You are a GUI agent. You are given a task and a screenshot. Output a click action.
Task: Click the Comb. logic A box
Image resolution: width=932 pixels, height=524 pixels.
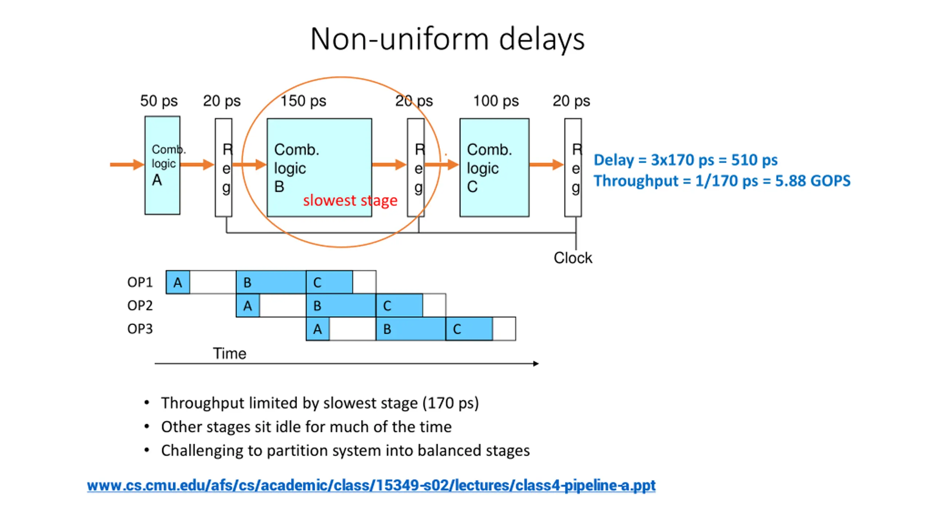pos(162,165)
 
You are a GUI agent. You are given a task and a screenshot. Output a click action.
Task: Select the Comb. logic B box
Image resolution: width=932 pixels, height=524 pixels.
pos(319,167)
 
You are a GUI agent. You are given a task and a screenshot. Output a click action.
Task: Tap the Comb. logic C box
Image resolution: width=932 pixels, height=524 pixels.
pos(494,167)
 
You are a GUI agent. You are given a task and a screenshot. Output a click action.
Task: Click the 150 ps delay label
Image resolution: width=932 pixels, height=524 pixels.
pos(303,101)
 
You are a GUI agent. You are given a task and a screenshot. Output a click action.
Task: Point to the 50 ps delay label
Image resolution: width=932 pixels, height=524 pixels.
pos(159,101)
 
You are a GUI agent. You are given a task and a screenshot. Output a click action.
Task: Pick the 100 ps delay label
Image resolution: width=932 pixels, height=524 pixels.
pos(496,101)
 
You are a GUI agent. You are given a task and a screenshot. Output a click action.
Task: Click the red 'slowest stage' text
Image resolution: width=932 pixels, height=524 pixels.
pos(350,201)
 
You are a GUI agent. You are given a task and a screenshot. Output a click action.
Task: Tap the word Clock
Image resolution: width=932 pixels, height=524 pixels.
pos(573,258)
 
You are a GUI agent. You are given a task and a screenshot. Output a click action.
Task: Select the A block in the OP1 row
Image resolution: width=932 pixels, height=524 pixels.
pos(178,282)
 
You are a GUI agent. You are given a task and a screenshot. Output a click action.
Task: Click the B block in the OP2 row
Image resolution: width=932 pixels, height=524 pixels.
pos(341,305)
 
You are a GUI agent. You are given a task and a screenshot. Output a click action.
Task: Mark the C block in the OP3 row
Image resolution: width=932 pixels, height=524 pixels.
pos(469,329)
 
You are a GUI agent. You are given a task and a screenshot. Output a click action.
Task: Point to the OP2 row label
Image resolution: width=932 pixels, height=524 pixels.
pos(140,305)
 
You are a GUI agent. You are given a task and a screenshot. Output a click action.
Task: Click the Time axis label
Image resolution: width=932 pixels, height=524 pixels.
pos(229,353)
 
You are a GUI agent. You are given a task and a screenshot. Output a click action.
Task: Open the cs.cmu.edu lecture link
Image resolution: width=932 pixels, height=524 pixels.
pos(371,485)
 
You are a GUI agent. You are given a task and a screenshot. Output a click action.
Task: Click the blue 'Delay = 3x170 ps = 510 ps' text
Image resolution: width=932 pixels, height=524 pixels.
pos(686,160)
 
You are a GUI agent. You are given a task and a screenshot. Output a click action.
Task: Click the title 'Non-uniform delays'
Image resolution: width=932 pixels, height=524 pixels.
pos(447,39)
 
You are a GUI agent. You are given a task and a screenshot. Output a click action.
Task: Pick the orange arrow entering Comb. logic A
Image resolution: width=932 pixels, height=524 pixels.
pos(127,164)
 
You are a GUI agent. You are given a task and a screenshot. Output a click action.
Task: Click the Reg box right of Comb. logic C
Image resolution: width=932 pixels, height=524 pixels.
pos(573,167)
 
